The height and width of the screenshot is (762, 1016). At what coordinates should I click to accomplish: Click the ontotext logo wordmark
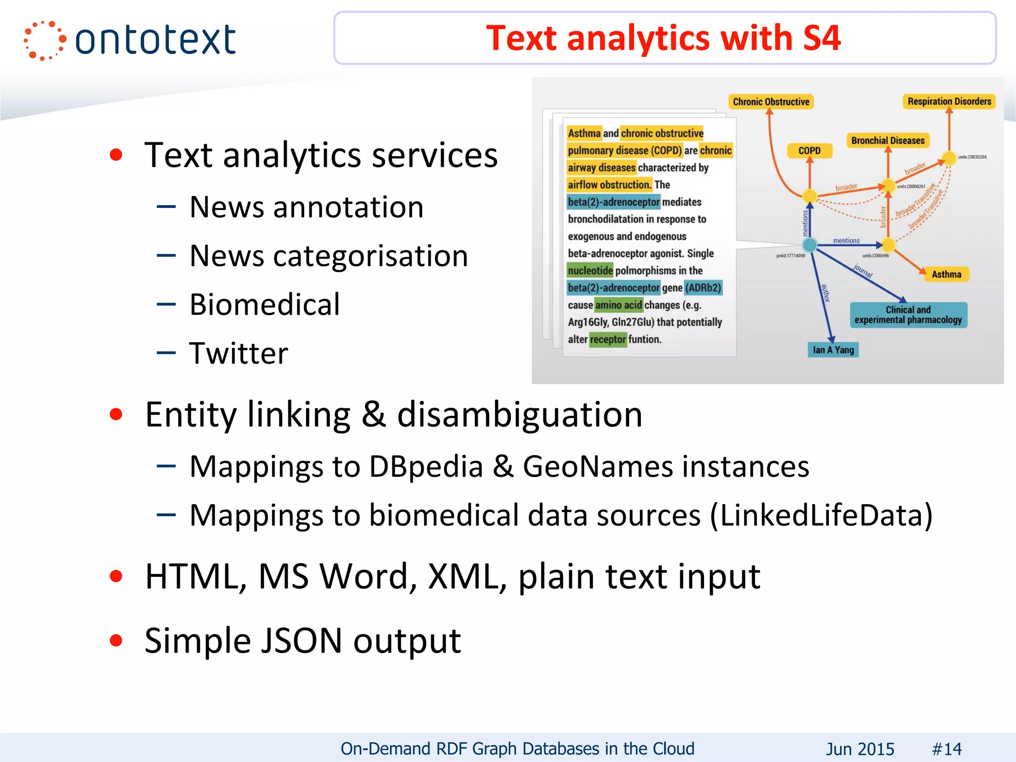point(155,40)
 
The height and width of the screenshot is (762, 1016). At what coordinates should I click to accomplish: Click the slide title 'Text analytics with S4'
point(663,38)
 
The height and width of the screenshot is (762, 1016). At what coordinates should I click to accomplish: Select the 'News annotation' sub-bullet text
point(307,207)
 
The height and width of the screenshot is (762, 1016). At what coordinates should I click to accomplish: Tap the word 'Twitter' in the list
point(239,353)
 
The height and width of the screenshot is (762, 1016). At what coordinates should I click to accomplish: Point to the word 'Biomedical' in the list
point(265,304)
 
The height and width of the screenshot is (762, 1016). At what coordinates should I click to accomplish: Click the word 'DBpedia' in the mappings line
point(426,467)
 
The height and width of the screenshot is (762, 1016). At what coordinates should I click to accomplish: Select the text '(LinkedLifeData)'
point(821,515)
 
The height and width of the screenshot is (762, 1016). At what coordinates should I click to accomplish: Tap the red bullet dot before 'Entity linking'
point(116,415)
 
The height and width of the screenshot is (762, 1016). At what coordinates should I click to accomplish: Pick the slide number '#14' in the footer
point(947,749)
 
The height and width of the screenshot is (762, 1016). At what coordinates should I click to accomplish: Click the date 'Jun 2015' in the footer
point(860,749)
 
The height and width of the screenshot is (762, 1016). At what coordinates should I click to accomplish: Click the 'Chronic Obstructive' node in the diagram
point(771,102)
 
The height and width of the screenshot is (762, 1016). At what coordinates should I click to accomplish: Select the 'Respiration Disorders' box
point(949,101)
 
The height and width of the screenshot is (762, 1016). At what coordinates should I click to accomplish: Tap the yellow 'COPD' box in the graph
point(809,151)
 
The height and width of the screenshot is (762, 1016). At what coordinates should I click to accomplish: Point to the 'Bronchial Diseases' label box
point(888,141)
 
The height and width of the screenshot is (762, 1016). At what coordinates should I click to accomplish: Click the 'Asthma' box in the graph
point(946,274)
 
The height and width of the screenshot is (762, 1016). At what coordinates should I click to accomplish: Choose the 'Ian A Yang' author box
point(833,350)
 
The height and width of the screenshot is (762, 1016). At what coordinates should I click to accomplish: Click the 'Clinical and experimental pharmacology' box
point(908,315)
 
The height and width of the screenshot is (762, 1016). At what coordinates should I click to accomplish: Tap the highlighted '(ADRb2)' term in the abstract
point(703,288)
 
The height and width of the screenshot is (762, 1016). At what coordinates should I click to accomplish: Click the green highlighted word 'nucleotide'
point(590,270)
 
